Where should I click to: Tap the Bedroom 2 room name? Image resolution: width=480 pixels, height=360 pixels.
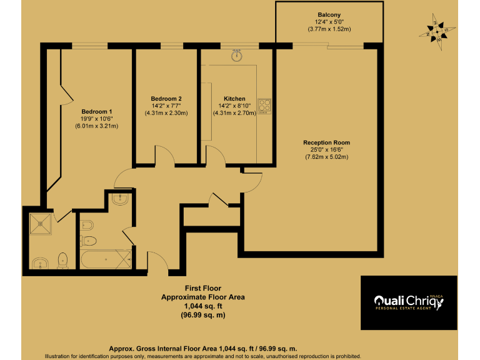166,99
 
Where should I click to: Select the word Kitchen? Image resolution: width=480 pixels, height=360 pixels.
234,99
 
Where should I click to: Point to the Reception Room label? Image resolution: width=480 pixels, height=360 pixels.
326,142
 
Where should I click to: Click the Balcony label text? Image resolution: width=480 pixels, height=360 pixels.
329,14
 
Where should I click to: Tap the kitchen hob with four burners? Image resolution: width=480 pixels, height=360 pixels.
264,107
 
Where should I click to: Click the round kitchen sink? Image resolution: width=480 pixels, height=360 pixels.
237,56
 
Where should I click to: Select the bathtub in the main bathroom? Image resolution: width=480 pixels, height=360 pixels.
105,258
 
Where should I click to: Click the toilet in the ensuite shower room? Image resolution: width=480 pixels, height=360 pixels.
62,259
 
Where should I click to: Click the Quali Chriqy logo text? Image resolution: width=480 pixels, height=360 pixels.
407,300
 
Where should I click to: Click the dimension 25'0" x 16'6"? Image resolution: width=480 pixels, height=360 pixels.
326,149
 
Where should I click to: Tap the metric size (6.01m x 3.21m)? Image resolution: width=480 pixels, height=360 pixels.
96,126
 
